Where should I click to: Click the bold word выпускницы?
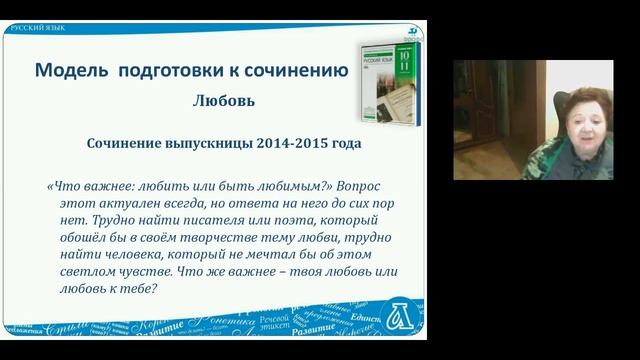[x=204, y=142]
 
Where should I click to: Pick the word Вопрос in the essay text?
[x=356, y=187]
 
